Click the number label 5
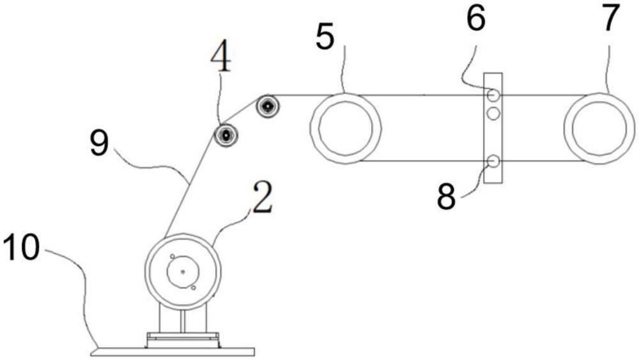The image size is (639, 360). pos(325,40)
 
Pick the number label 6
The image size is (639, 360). pos(475,20)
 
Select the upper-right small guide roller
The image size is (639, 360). pos(266,106)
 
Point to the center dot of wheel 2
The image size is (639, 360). pos(183,272)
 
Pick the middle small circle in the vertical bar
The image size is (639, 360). pos(493,114)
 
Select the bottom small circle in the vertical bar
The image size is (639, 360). pos(493,160)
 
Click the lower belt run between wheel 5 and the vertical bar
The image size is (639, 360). pos(422,161)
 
